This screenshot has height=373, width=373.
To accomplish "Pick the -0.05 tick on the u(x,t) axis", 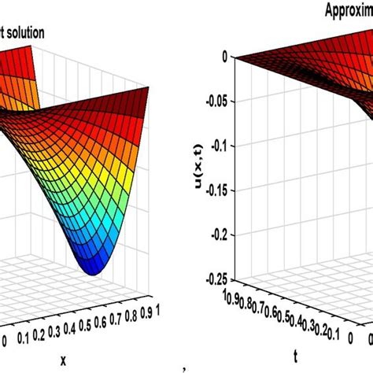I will tap(211, 101).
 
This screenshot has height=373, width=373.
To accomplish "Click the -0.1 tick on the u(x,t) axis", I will tap(215, 145).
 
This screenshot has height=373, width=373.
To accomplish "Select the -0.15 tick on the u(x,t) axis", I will tap(211, 190).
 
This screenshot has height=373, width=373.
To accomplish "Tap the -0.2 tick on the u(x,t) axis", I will tap(215, 235).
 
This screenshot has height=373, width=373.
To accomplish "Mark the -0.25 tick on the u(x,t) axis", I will tap(211, 279).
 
